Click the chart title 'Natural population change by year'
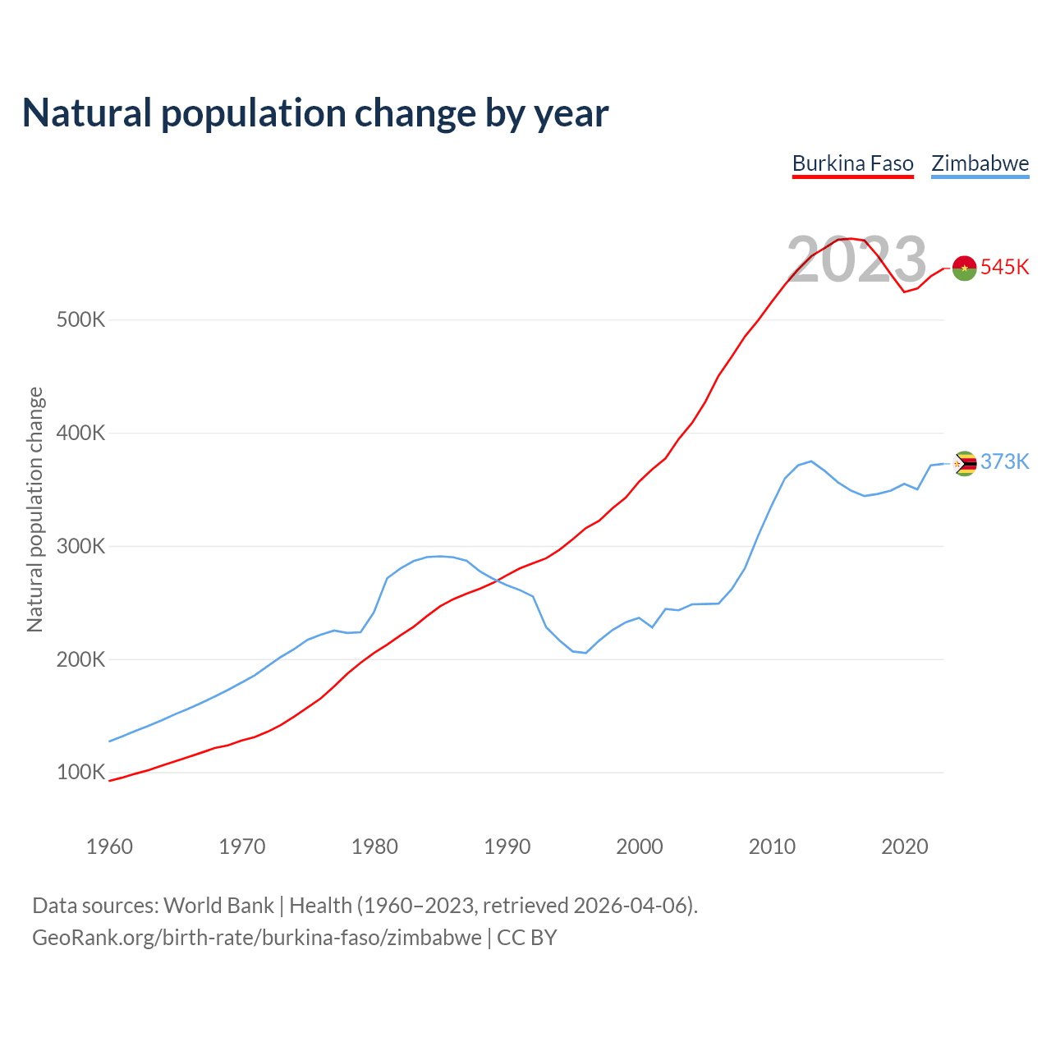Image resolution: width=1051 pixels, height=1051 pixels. click(x=315, y=113)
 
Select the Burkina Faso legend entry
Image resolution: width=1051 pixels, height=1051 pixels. click(x=852, y=163)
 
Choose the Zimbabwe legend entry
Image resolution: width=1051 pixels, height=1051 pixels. click(x=980, y=163)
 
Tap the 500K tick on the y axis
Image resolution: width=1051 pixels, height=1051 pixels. click(x=81, y=319)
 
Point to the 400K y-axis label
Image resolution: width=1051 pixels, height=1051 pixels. click(x=81, y=433)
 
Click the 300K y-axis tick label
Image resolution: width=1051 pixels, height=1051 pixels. click(x=81, y=546)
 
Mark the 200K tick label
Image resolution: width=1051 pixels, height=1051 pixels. click(x=81, y=659)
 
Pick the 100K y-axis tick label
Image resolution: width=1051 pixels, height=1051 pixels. click(x=81, y=773)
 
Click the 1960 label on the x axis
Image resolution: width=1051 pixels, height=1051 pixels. click(x=109, y=847)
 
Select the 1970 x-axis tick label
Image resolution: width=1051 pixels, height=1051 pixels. click(x=242, y=847)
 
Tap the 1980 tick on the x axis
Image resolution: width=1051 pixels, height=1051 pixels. click(x=374, y=847)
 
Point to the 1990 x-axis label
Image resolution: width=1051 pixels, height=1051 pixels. click(x=507, y=847)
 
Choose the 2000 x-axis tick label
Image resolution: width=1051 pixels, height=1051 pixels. click(x=640, y=847)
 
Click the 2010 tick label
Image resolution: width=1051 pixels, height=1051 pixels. click(x=772, y=847)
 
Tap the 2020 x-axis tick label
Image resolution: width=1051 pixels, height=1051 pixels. click(x=904, y=847)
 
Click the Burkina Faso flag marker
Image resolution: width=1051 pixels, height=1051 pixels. click(x=964, y=268)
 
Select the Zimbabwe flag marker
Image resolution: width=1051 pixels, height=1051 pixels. click(x=964, y=464)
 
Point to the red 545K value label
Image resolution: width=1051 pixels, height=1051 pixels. click(x=1004, y=268)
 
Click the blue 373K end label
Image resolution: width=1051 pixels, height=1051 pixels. click(x=1004, y=462)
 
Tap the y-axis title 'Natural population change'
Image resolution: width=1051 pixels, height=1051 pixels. click(x=35, y=510)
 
